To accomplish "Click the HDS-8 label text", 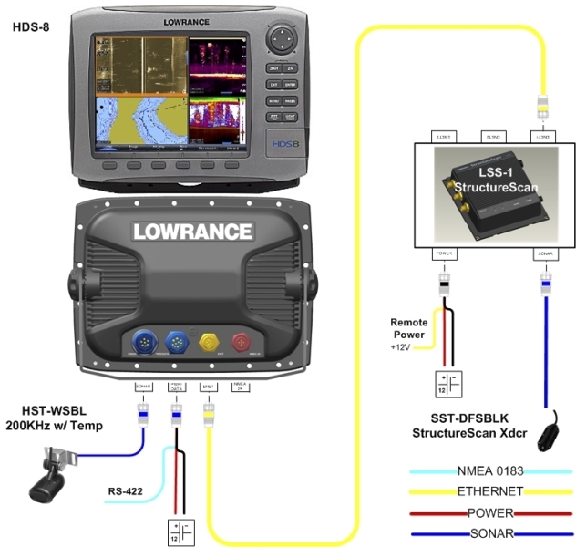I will tap(31, 26).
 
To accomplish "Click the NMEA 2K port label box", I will tap(242, 387).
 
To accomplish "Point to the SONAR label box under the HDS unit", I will tap(143, 387).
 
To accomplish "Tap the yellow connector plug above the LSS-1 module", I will tap(545, 106).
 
